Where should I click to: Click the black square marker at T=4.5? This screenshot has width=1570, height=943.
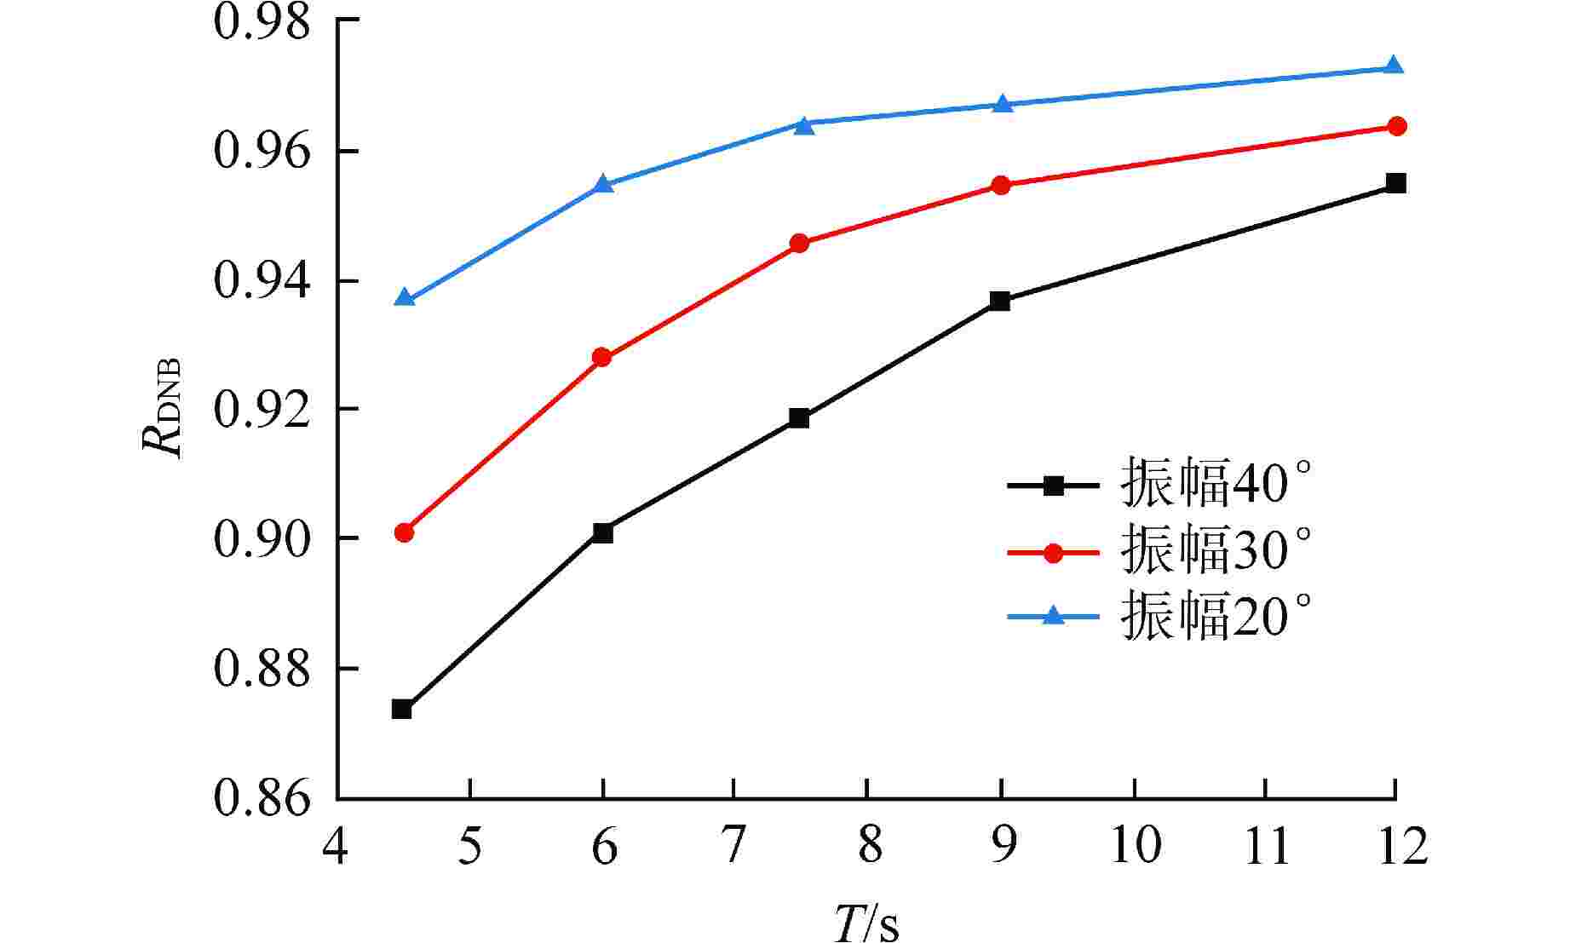402,709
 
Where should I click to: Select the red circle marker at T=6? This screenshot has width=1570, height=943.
602,357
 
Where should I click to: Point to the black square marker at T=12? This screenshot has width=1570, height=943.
1395,183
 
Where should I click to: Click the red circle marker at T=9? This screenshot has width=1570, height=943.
1001,186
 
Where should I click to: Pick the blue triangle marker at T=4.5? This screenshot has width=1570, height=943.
405,298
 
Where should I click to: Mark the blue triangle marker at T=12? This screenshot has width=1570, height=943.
1394,66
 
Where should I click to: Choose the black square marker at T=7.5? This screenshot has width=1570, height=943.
799,417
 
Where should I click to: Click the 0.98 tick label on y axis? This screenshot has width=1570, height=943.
261,21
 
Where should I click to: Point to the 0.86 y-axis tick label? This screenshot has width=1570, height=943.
261,799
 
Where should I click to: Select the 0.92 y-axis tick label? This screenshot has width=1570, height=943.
261,410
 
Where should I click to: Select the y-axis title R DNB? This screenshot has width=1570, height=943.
164,407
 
